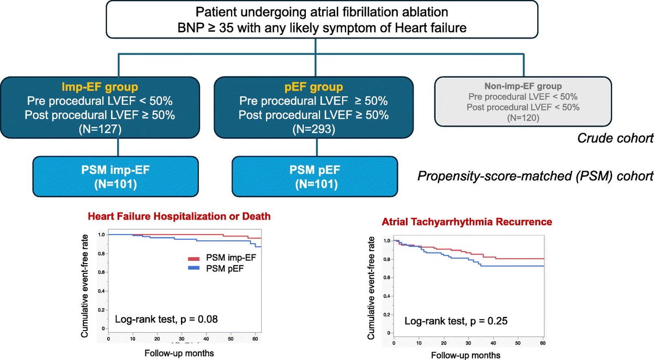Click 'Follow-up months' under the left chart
coord(178,353)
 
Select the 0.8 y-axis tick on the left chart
coord(101,254)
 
